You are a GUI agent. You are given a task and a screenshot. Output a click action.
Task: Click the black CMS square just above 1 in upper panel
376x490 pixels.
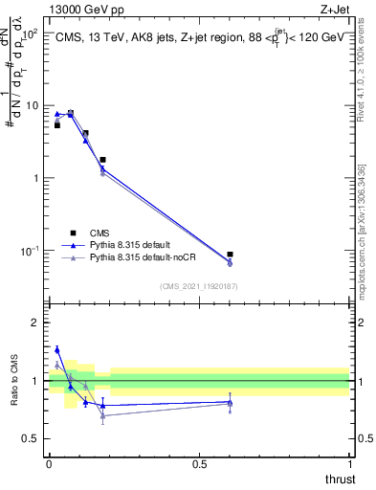102,160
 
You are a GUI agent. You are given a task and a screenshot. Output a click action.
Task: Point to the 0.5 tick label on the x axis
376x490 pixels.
199,464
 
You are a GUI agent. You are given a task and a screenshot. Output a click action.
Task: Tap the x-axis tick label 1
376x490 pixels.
349,464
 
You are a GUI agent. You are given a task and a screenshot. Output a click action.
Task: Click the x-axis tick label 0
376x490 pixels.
49,464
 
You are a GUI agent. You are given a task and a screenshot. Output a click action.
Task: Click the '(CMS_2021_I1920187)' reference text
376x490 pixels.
199,286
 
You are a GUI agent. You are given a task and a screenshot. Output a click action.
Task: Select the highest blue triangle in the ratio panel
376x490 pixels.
56,350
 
